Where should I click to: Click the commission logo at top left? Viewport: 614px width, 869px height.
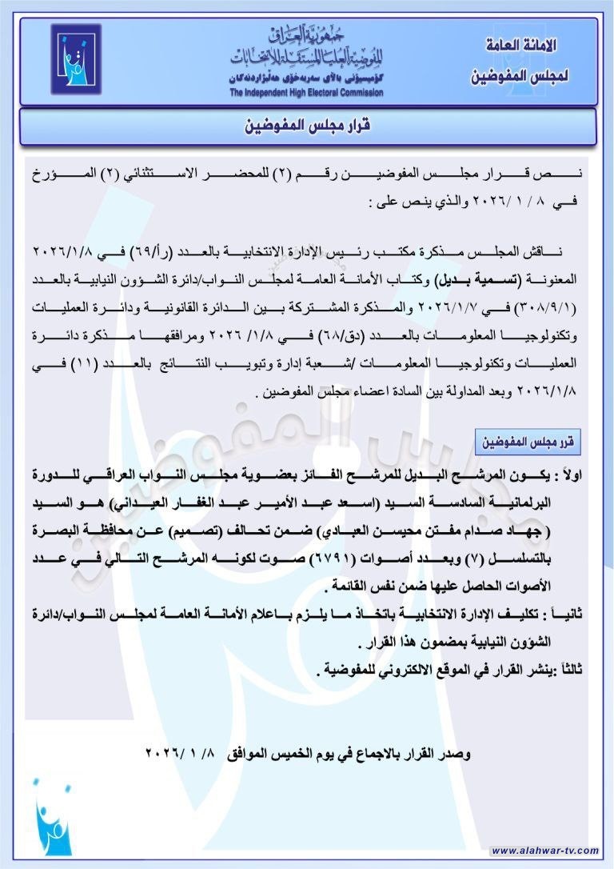76,60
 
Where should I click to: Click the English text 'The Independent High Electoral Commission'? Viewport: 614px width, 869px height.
306,93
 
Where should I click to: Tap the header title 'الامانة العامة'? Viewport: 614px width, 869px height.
521,46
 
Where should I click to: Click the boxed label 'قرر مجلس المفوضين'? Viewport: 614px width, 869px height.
528,442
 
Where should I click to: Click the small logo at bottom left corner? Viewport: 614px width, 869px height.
54,816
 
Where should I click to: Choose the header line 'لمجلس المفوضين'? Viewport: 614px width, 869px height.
520,77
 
